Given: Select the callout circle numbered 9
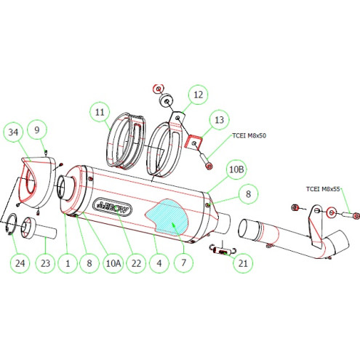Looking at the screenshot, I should (x=39, y=132).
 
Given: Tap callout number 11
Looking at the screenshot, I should (x=100, y=112).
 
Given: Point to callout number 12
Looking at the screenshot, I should (x=198, y=94).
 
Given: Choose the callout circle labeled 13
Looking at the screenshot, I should (x=218, y=119).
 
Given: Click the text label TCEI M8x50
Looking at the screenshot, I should (x=249, y=135).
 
